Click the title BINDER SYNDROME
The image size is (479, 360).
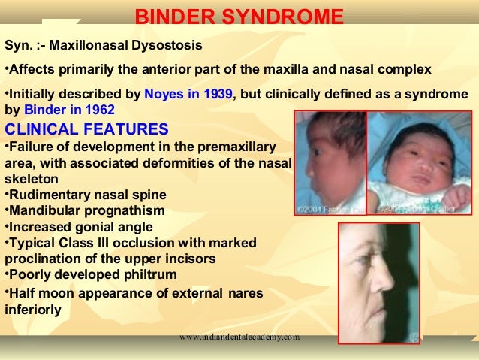tap(239, 17)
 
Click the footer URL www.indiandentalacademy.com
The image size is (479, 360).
tap(239, 337)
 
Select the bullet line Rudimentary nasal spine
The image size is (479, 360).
tap(86, 195)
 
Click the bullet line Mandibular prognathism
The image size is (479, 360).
tap(84, 210)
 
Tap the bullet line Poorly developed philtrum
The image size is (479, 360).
tap(91, 275)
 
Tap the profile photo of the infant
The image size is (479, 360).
tap(329, 162)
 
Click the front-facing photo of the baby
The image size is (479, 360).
tap(418, 162)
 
